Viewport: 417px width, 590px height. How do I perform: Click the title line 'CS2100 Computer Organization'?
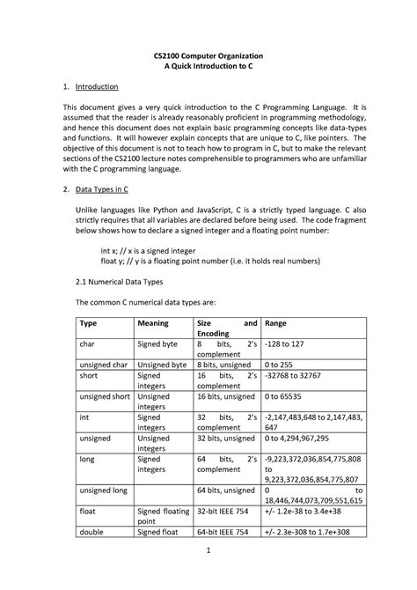(208, 55)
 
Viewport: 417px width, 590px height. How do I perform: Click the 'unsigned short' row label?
(105, 396)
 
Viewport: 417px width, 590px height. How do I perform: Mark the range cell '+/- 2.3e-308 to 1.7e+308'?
(312, 532)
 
